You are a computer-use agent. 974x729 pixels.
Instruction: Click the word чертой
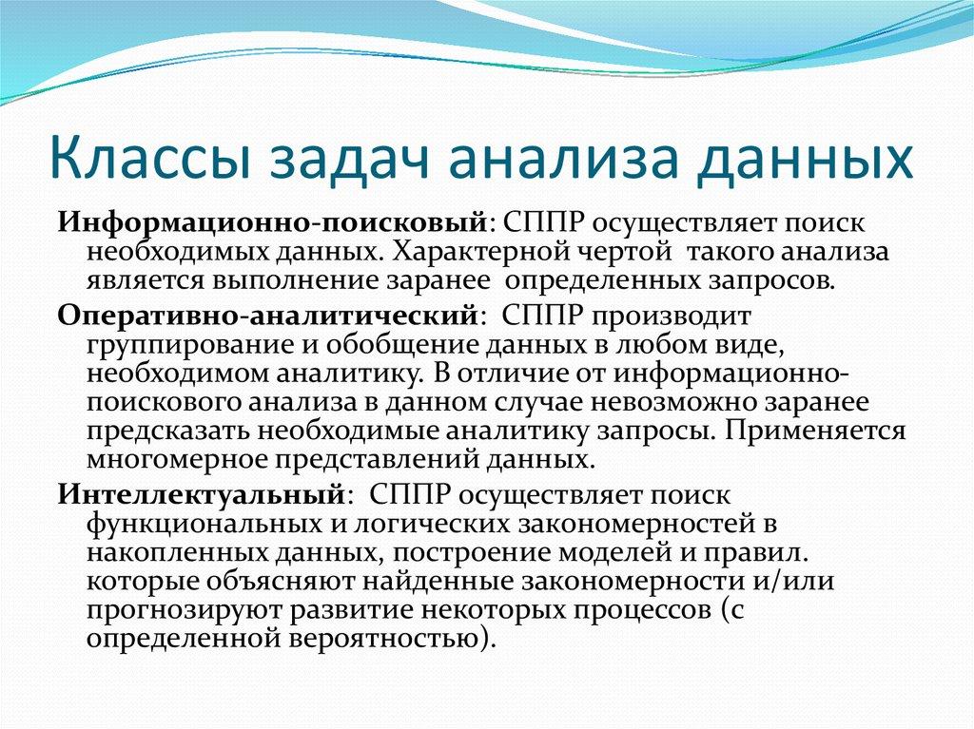click(x=623, y=254)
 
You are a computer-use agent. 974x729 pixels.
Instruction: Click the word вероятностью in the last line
click(x=392, y=640)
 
